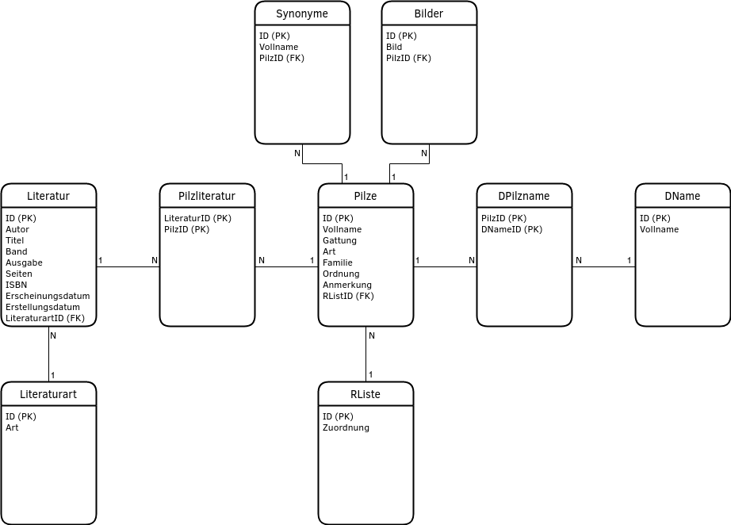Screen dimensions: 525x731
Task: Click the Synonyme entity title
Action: (x=302, y=13)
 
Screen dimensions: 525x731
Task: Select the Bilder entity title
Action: (x=429, y=13)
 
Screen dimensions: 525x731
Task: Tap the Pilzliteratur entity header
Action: (x=207, y=196)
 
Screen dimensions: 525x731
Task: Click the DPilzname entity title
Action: (x=524, y=196)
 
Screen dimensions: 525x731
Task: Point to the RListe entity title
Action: (x=365, y=394)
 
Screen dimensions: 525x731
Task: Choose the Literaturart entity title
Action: (x=48, y=394)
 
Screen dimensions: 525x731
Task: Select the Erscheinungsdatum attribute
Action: (x=48, y=296)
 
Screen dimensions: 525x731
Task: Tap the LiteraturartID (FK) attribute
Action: (x=45, y=318)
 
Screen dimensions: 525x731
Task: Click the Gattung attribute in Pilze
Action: (x=339, y=240)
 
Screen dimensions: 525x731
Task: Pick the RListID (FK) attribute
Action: (x=348, y=296)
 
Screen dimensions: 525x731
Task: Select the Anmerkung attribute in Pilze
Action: (x=346, y=285)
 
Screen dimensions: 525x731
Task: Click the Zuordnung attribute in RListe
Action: (x=346, y=427)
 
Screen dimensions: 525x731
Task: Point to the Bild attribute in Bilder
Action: (x=394, y=47)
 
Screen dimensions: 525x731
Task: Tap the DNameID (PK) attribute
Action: (x=511, y=229)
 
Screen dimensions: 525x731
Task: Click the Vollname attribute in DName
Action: (x=659, y=229)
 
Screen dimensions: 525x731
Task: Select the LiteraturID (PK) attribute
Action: (x=197, y=218)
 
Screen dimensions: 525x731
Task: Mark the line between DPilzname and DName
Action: (x=603, y=267)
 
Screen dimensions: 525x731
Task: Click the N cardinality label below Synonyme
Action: (x=297, y=152)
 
